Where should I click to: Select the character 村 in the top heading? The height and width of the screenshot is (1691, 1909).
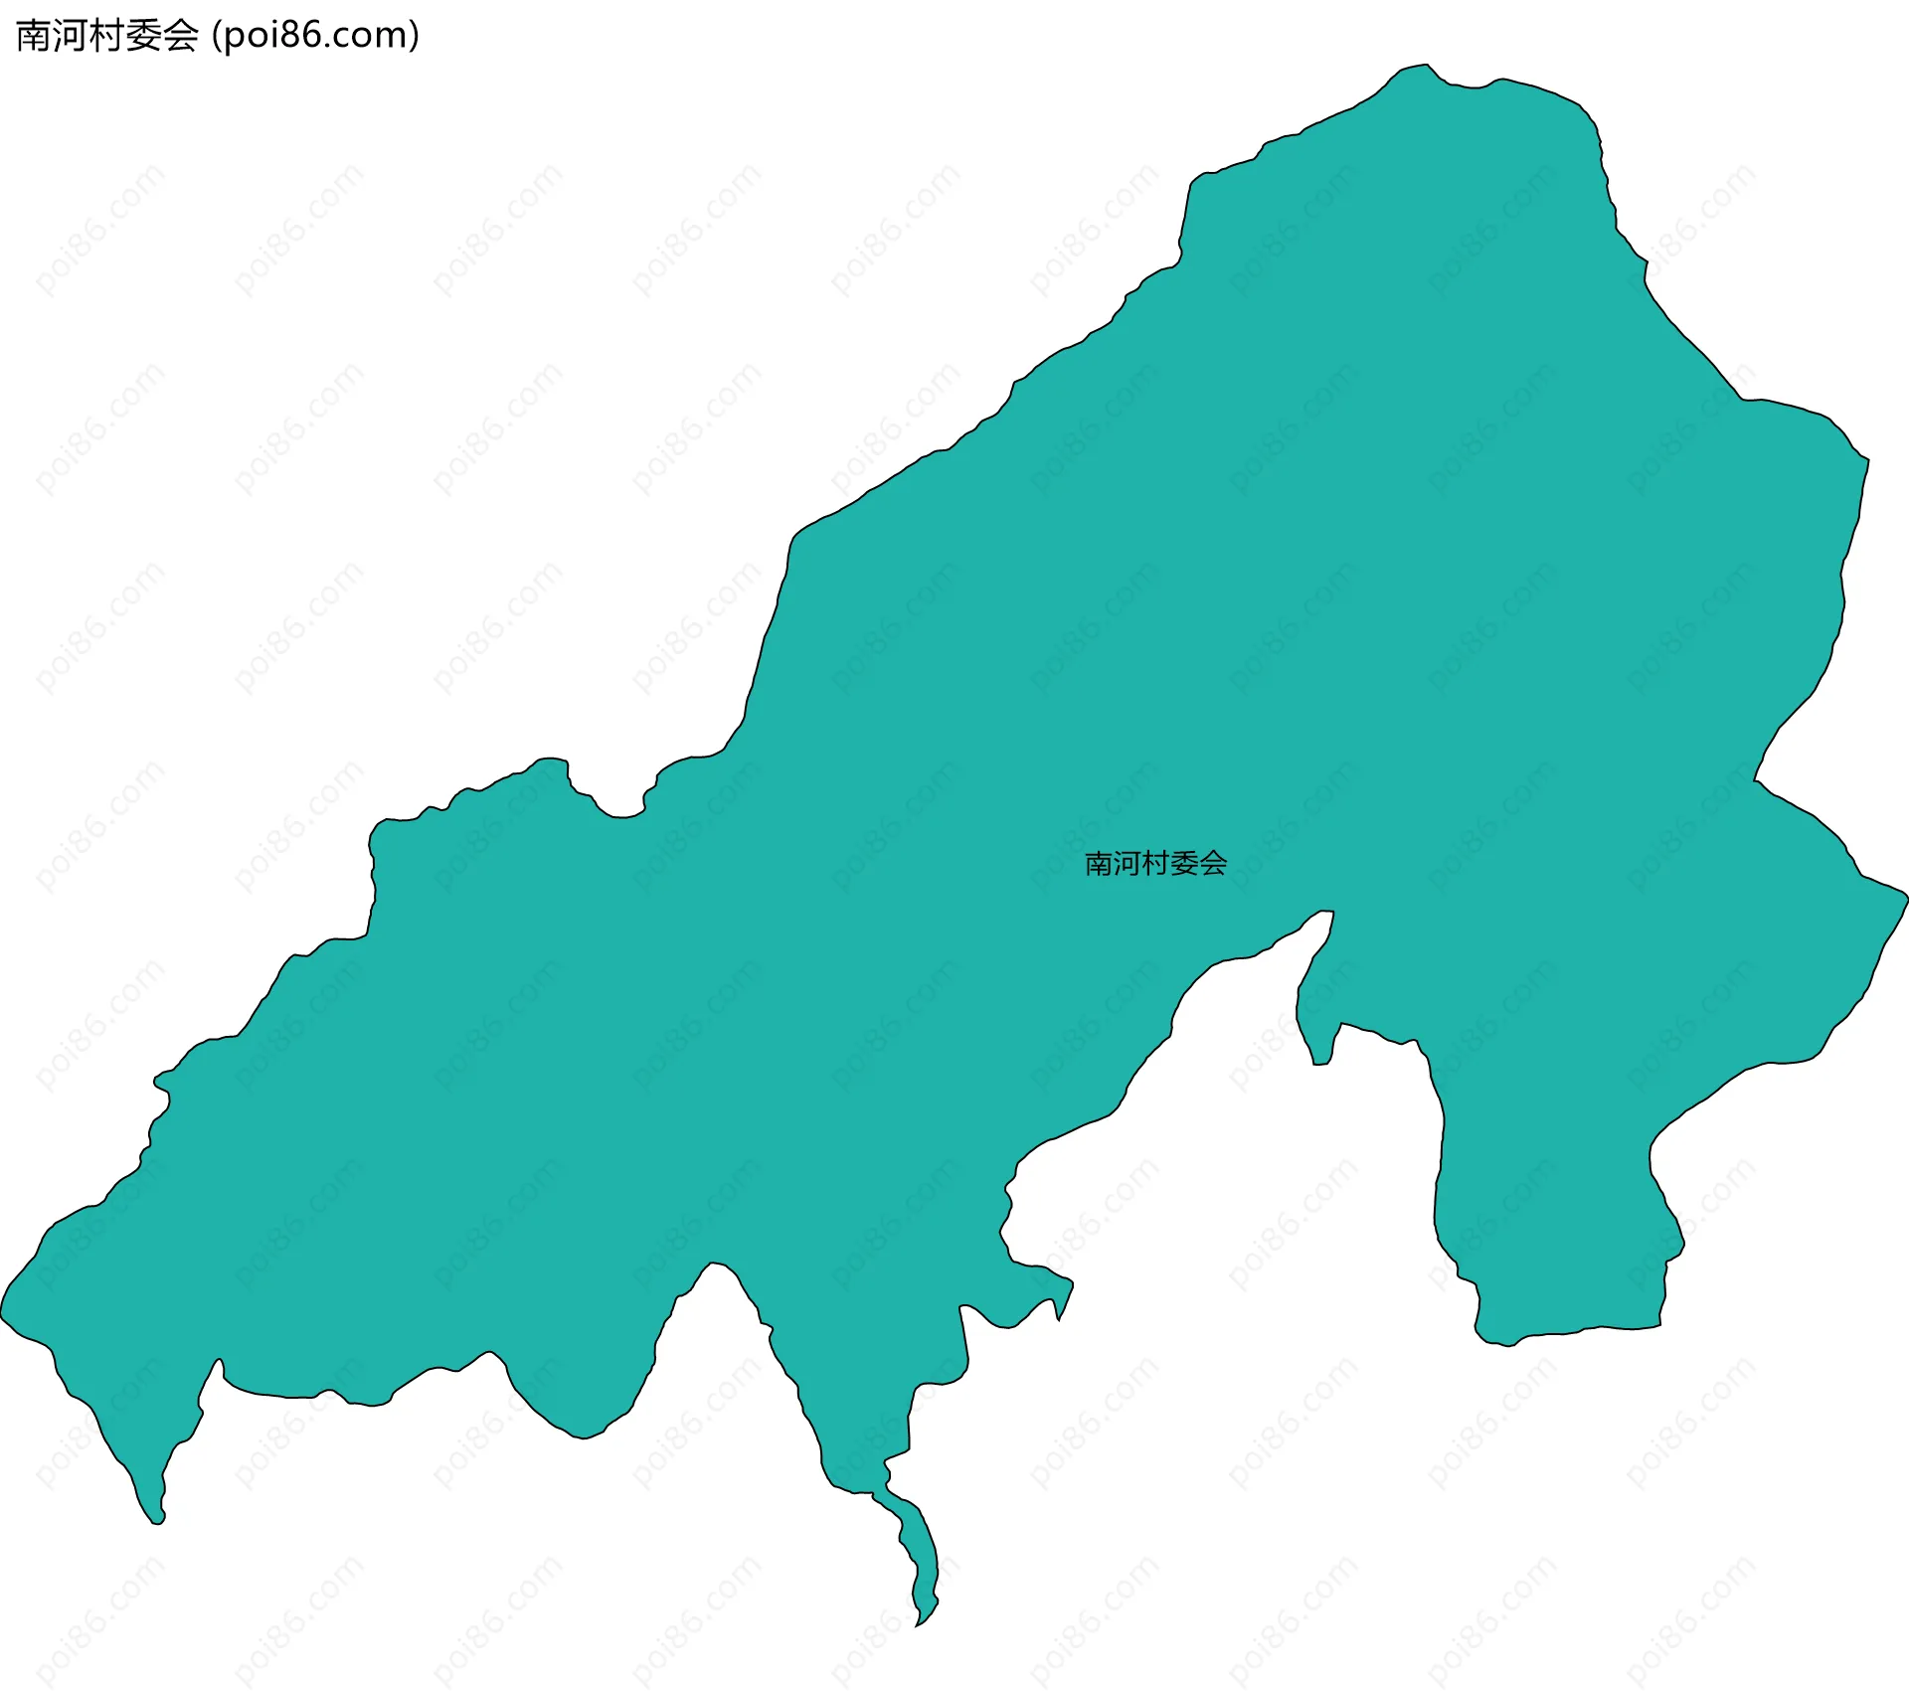click(107, 36)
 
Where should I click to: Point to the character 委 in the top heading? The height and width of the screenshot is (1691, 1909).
click(144, 36)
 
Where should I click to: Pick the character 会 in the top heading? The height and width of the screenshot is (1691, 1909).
click(181, 36)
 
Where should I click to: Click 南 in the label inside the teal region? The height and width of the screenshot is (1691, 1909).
click(1098, 863)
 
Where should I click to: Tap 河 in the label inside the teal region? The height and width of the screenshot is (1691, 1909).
click(1127, 863)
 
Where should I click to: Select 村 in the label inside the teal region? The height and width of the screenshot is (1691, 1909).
click(1155, 863)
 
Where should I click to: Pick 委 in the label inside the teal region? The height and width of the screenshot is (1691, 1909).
click(1184, 863)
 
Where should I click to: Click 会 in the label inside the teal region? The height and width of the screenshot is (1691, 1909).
click(1213, 863)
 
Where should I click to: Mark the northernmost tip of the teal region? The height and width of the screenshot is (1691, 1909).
click(1427, 66)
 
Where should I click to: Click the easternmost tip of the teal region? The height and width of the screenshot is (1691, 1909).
click(1906, 897)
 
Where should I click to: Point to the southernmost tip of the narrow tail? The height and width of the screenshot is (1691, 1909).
click(918, 1625)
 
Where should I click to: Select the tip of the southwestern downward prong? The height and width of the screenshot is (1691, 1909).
click(157, 1522)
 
